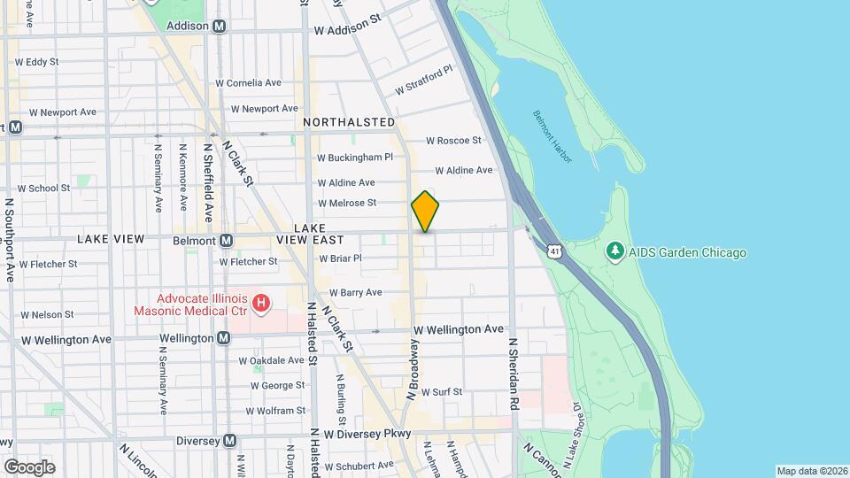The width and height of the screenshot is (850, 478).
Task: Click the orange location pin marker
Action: [425, 211]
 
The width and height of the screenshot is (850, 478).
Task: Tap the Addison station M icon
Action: [219, 27]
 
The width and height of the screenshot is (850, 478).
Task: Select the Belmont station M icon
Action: [226, 241]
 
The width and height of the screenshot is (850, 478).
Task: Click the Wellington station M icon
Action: [223, 338]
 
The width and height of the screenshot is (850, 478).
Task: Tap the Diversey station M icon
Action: [230, 440]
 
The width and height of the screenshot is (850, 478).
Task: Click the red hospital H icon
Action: [261, 305]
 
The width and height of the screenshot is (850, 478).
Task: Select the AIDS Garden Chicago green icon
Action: [615, 252]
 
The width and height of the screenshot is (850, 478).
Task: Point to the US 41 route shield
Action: [553, 252]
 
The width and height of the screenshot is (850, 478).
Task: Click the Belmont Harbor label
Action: [552, 136]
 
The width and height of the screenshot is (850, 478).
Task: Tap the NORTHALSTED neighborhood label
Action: [349, 121]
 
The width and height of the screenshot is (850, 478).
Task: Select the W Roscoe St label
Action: [453, 140]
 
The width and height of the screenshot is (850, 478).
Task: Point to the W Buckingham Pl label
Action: [355, 158]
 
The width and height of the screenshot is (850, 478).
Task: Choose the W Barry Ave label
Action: [355, 292]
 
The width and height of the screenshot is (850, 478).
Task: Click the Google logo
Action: [29, 467]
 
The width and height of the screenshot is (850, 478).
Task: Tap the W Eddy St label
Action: [36, 62]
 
